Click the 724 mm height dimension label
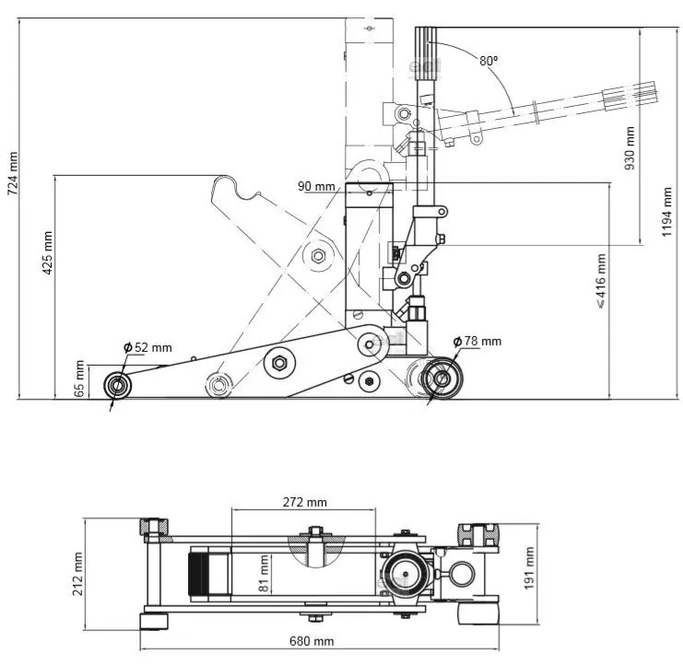coord(14,173)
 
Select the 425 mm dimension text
coord(48,253)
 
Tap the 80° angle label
coord(489,61)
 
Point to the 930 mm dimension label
coord(630,148)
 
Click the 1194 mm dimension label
coord(667,212)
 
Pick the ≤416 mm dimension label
coord(601,281)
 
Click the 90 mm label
coord(317,186)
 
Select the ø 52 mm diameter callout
coord(147,347)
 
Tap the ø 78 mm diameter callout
coord(477,341)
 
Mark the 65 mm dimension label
coord(79,379)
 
